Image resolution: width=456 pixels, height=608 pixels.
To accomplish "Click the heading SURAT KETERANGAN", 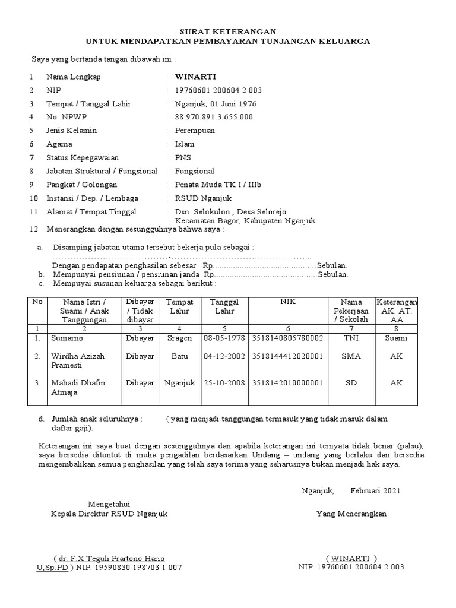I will tap(228, 31).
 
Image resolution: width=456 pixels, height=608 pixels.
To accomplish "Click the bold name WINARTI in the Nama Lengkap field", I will tap(195, 77).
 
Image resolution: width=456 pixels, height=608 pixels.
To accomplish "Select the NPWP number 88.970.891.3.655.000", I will tap(214, 117).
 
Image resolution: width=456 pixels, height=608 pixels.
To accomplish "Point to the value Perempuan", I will tap(195, 130).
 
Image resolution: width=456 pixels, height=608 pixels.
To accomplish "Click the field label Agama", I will tap(59, 144).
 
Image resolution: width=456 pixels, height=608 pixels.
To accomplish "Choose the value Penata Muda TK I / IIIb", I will tap(218, 185).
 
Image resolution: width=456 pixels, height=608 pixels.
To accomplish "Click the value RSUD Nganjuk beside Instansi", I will tap(203, 198).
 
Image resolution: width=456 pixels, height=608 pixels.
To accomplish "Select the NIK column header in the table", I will tap(287, 302).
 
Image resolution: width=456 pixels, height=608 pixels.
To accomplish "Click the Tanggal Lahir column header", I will tap(224, 306).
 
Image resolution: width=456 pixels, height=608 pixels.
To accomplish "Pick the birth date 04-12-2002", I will tap(224, 356).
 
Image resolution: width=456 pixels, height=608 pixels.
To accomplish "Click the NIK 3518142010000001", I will tap(287, 383).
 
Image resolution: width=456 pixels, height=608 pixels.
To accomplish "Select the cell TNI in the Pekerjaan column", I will tap(351, 338).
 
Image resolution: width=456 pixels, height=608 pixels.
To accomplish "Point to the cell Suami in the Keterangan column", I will tap(396, 338).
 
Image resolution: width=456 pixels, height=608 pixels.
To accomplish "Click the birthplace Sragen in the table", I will tap(179, 338).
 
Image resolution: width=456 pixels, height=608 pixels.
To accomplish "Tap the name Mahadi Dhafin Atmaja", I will tap(78, 388).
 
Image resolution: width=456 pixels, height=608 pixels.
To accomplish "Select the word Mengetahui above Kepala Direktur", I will tap(109, 503).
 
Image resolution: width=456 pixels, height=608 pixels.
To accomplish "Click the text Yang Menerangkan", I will tap(351, 514).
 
